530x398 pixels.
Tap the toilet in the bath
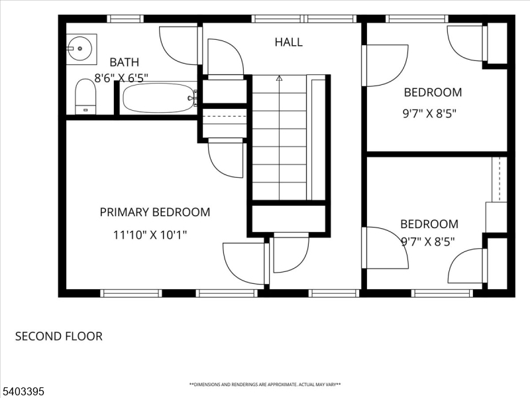coord(85,97)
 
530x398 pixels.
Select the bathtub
coord(158,98)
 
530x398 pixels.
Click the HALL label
coord(288,42)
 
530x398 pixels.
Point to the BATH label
coord(124,62)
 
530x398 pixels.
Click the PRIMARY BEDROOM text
coord(154,212)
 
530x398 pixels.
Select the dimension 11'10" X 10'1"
coord(150,235)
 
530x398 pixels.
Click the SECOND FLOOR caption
coord(58,336)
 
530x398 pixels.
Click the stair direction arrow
coord(279,78)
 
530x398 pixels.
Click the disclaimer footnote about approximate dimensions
coord(265,385)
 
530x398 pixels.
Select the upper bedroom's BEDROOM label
coord(433,92)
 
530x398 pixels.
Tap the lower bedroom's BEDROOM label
coord(429,224)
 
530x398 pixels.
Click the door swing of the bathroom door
coord(179,45)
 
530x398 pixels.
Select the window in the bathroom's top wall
coord(125,19)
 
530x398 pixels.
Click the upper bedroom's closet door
coord(468,42)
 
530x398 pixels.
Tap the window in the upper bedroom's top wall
coord(417,19)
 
